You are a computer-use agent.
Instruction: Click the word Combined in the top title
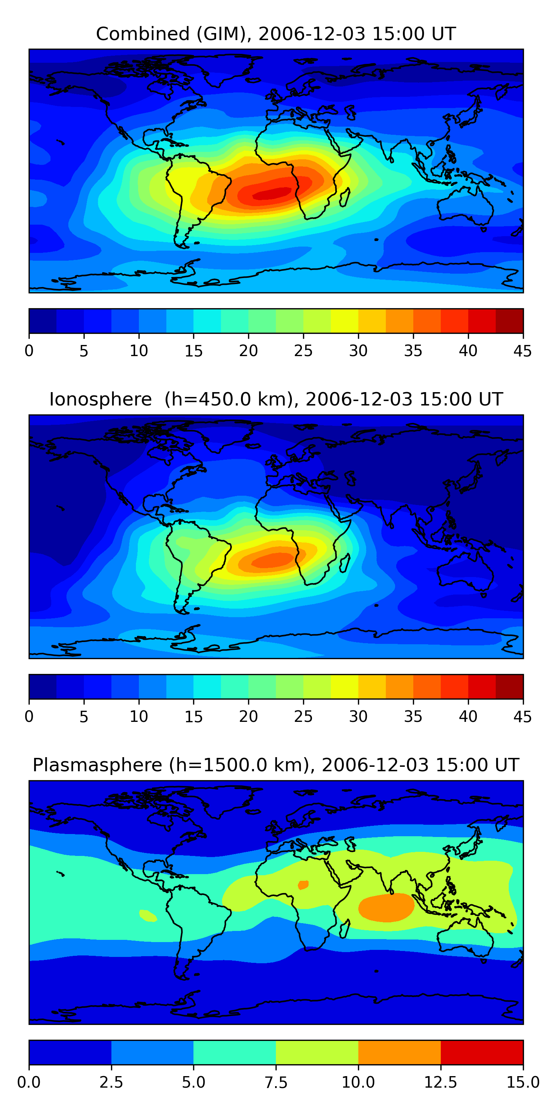143,34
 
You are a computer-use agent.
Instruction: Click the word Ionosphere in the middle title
100,399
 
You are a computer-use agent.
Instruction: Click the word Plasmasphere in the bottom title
97,765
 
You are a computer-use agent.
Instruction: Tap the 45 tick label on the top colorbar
522,351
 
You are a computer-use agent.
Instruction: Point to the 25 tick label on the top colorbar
303,351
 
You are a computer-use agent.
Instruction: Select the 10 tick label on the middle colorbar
139,716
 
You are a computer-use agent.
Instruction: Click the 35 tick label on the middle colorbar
413,716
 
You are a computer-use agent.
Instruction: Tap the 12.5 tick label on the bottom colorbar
440,1082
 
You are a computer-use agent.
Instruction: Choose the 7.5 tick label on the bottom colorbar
276,1082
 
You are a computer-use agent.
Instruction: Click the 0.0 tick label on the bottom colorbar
29,1082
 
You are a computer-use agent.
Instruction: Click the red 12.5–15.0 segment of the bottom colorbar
482,1052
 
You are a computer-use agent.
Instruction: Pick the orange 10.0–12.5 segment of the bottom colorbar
399,1052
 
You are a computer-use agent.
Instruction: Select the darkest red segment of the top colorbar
509,321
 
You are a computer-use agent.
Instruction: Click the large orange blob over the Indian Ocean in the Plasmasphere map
386,907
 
